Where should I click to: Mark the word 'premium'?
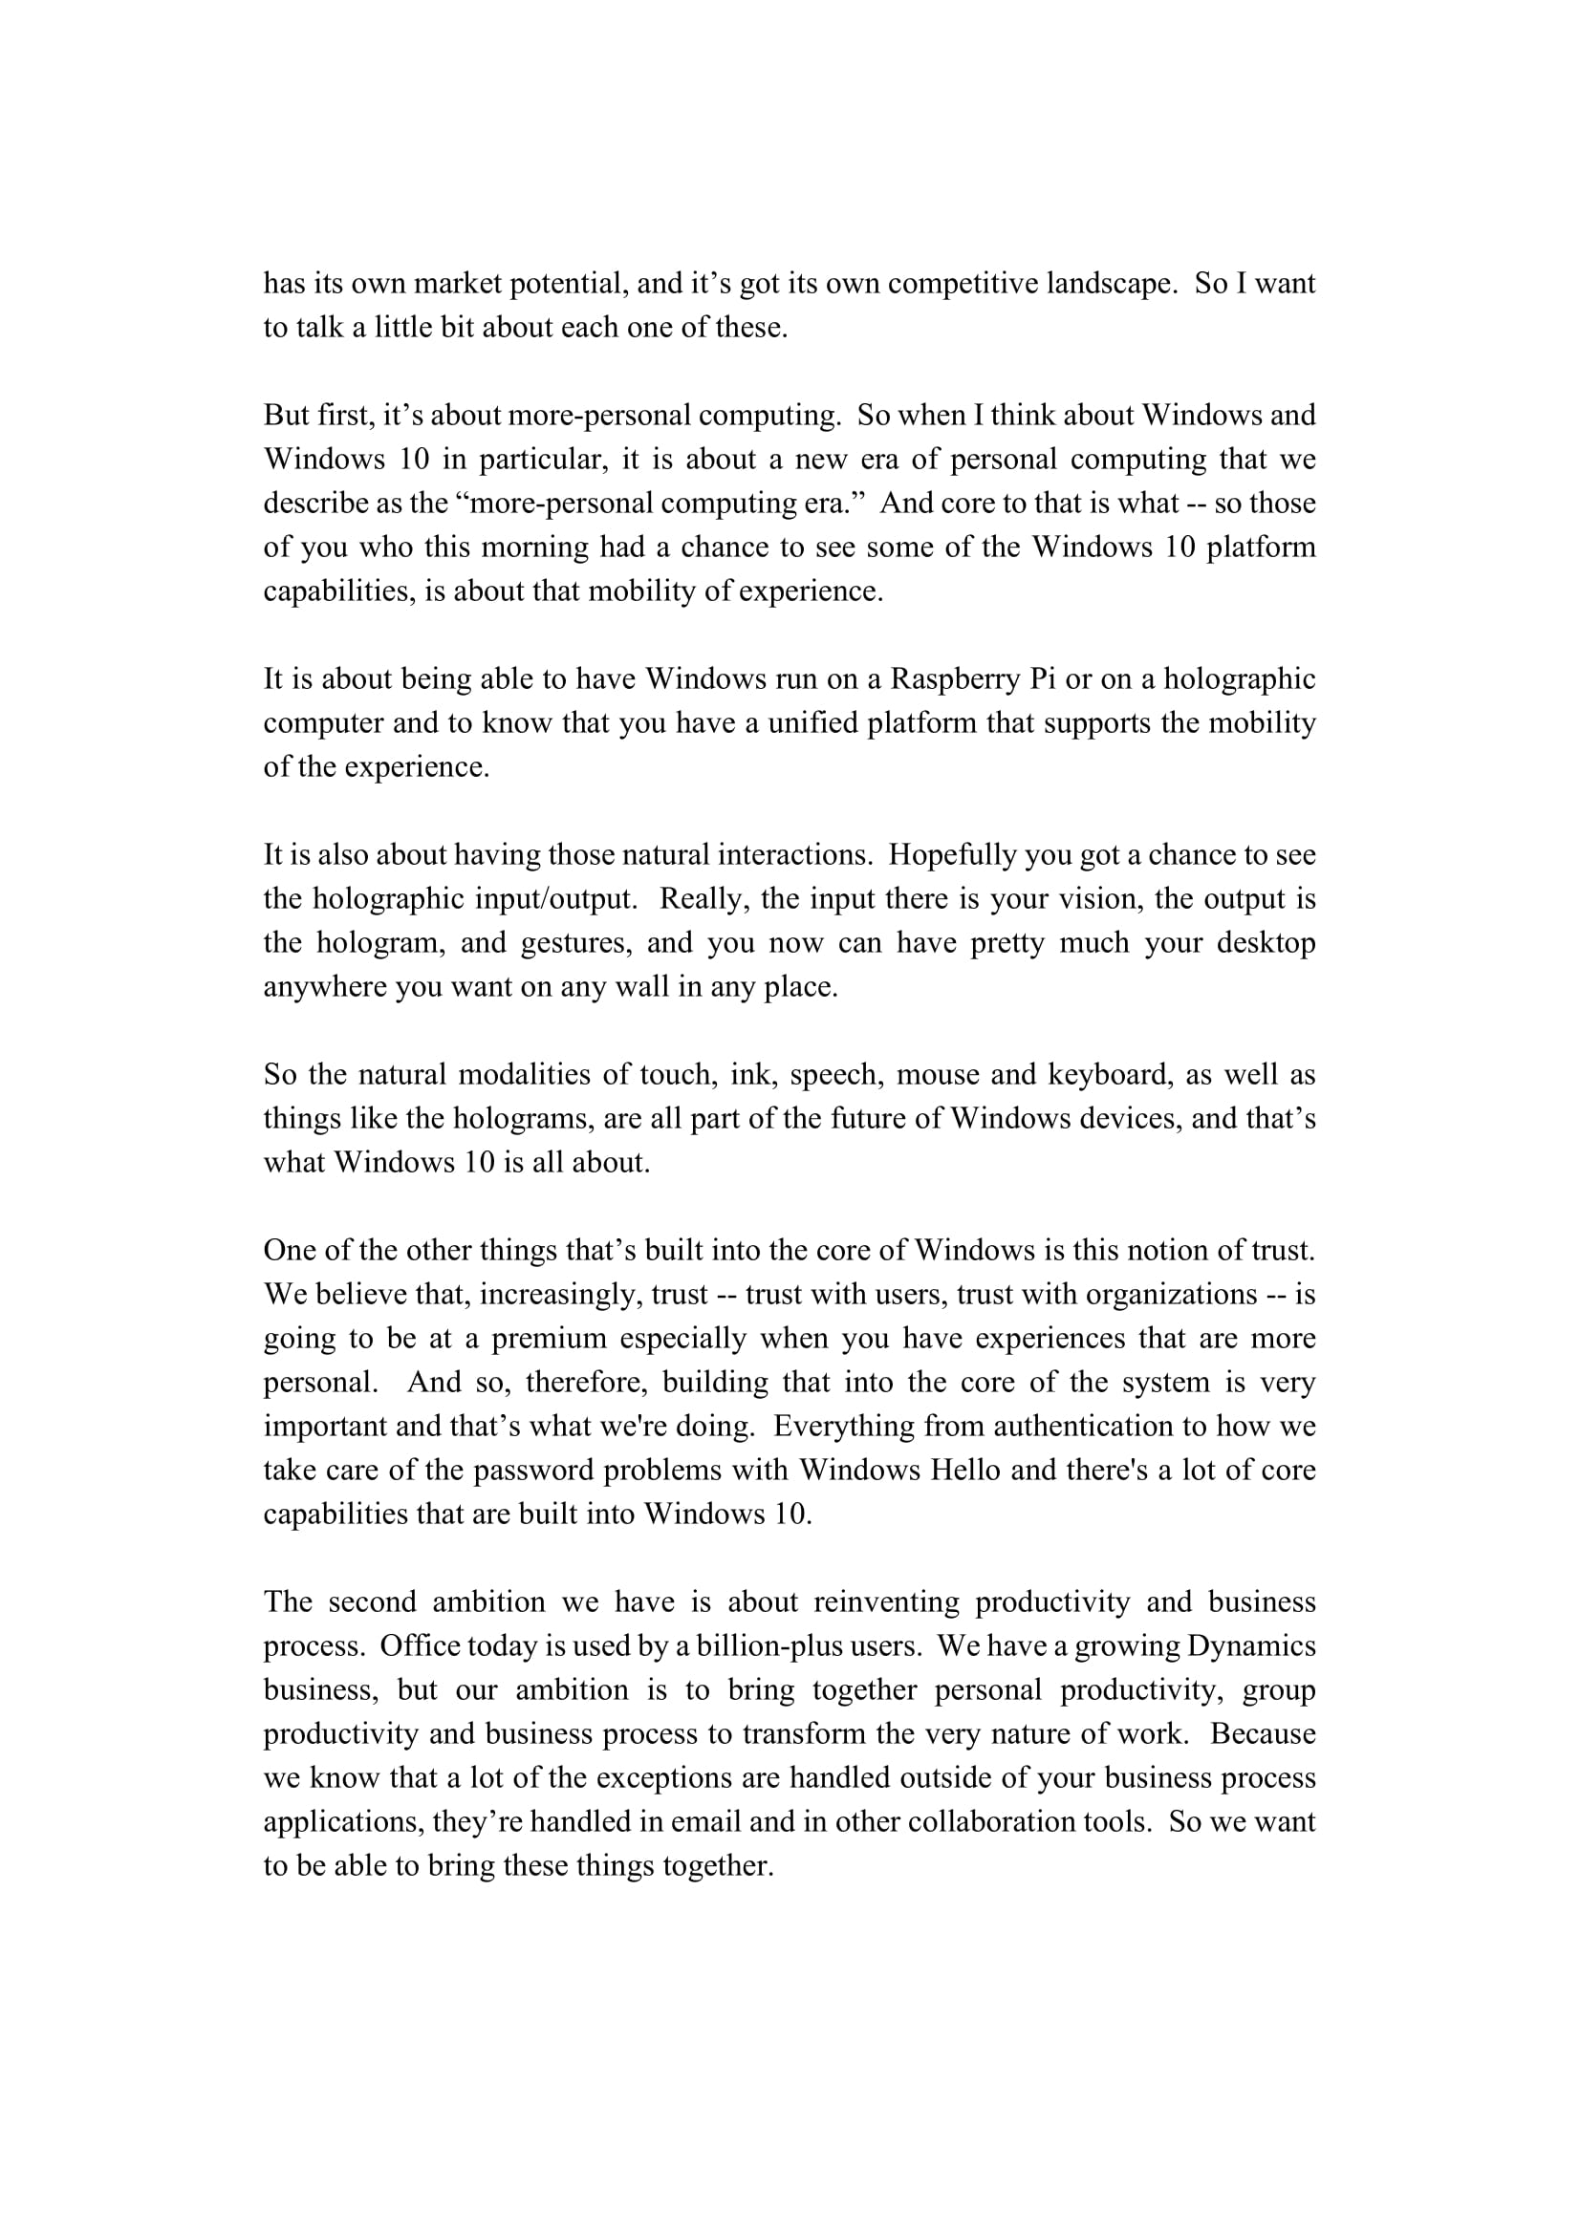pyautogui.click(x=549, y=1338)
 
